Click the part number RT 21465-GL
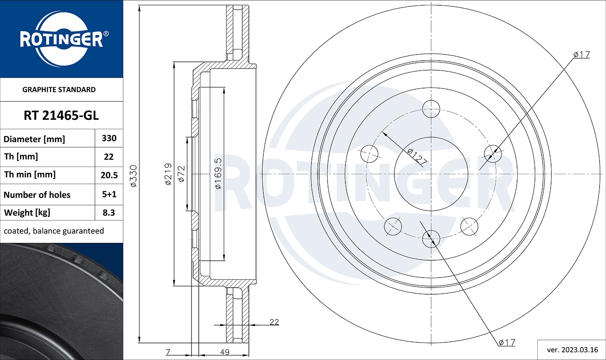pyautogui.click(x=61, y=116)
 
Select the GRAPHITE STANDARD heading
pyautogui.click(x=59, y=90)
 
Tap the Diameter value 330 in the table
pyautogui.click(x=109, y=138)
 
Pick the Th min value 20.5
pyautogui.click(x=109, y=175)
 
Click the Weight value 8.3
pyautogui.click(x=109, y=213)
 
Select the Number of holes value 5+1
pyautogui.click(x=109, y=194)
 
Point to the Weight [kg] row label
pyautogui.click(x=27, y=213)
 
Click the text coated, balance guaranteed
pyautogui.click(x=54, y=231)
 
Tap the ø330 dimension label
pyautogui.click(x=133, y=176)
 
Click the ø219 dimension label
pyautogui.click(x=168, y=174)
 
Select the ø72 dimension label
pyautogui.click(x=181, y=174)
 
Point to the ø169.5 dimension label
pyautogui.click(x=218, y=173)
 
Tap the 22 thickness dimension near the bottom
pyautogui.click(x=274, y=322)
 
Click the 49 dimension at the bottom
pyautogui.click(x=225, y=352)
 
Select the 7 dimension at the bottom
pyautogui.click(x=168, y=352)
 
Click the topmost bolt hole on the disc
pyautogui.click(x=431, y=109)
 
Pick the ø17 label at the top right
pyautogui.click(x=582, y=55)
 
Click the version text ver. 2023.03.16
pyautogui.click(x=572, y=350)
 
